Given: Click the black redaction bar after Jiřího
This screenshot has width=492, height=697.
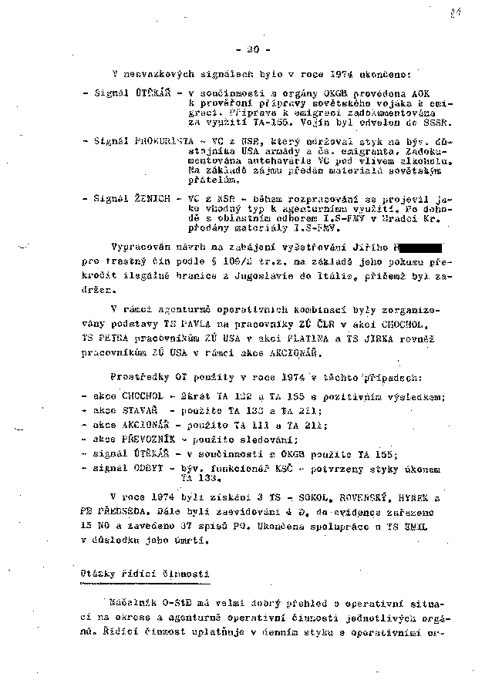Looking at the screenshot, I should [417, 248].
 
